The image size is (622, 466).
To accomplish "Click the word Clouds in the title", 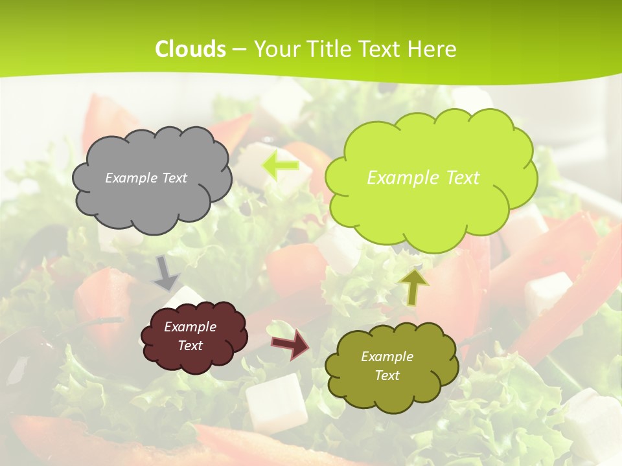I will (190, 49).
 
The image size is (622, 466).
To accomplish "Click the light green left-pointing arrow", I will (280, 165).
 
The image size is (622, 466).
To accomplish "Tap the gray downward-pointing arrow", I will (166, 273).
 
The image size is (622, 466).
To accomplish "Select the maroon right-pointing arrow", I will (291, 344).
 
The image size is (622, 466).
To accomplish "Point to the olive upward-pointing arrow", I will (415, 286).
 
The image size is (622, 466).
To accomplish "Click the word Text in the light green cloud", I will (457, 178).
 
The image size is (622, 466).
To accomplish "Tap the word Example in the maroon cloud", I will (190, 327).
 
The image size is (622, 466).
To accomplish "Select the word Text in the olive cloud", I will (387, 375).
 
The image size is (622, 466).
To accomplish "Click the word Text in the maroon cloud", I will (190, 346).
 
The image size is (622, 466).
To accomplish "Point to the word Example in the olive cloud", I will (387, 357).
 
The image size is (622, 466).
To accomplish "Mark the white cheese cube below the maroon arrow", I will (276, 403).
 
